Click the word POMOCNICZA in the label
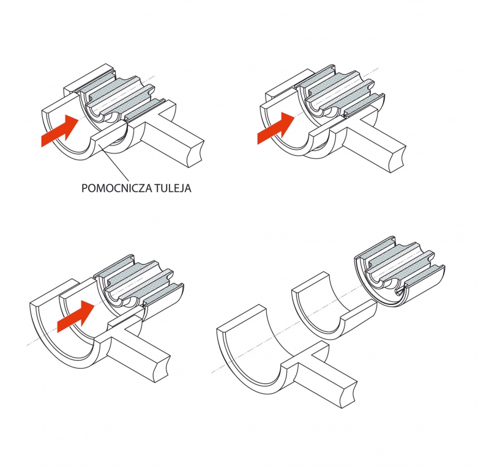pos(117,188)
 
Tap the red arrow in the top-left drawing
pos(60,131)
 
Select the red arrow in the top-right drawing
pos(276,128)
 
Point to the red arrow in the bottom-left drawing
pos(77,316)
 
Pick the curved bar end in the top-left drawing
pos(197,155)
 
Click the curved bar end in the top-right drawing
pos(398,160)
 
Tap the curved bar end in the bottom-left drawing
pos(162,369)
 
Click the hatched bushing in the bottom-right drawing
pos(399,270)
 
